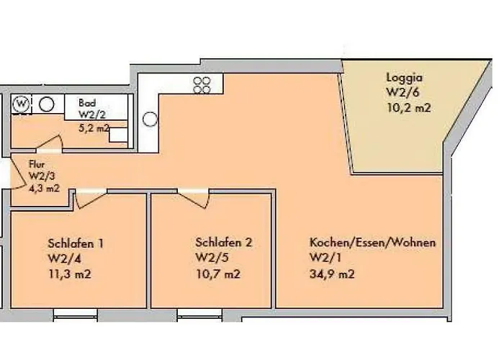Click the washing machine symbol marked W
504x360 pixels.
coord(22,104)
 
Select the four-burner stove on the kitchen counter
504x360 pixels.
coord(202,84)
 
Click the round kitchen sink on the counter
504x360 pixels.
coord(151,119)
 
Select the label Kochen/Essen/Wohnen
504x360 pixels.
coord(372,243)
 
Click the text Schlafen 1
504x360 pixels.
coord(77,243)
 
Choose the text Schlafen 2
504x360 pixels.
coord(224,243)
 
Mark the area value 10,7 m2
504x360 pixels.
coord(217,274)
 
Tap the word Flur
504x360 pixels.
coord(37,164)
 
